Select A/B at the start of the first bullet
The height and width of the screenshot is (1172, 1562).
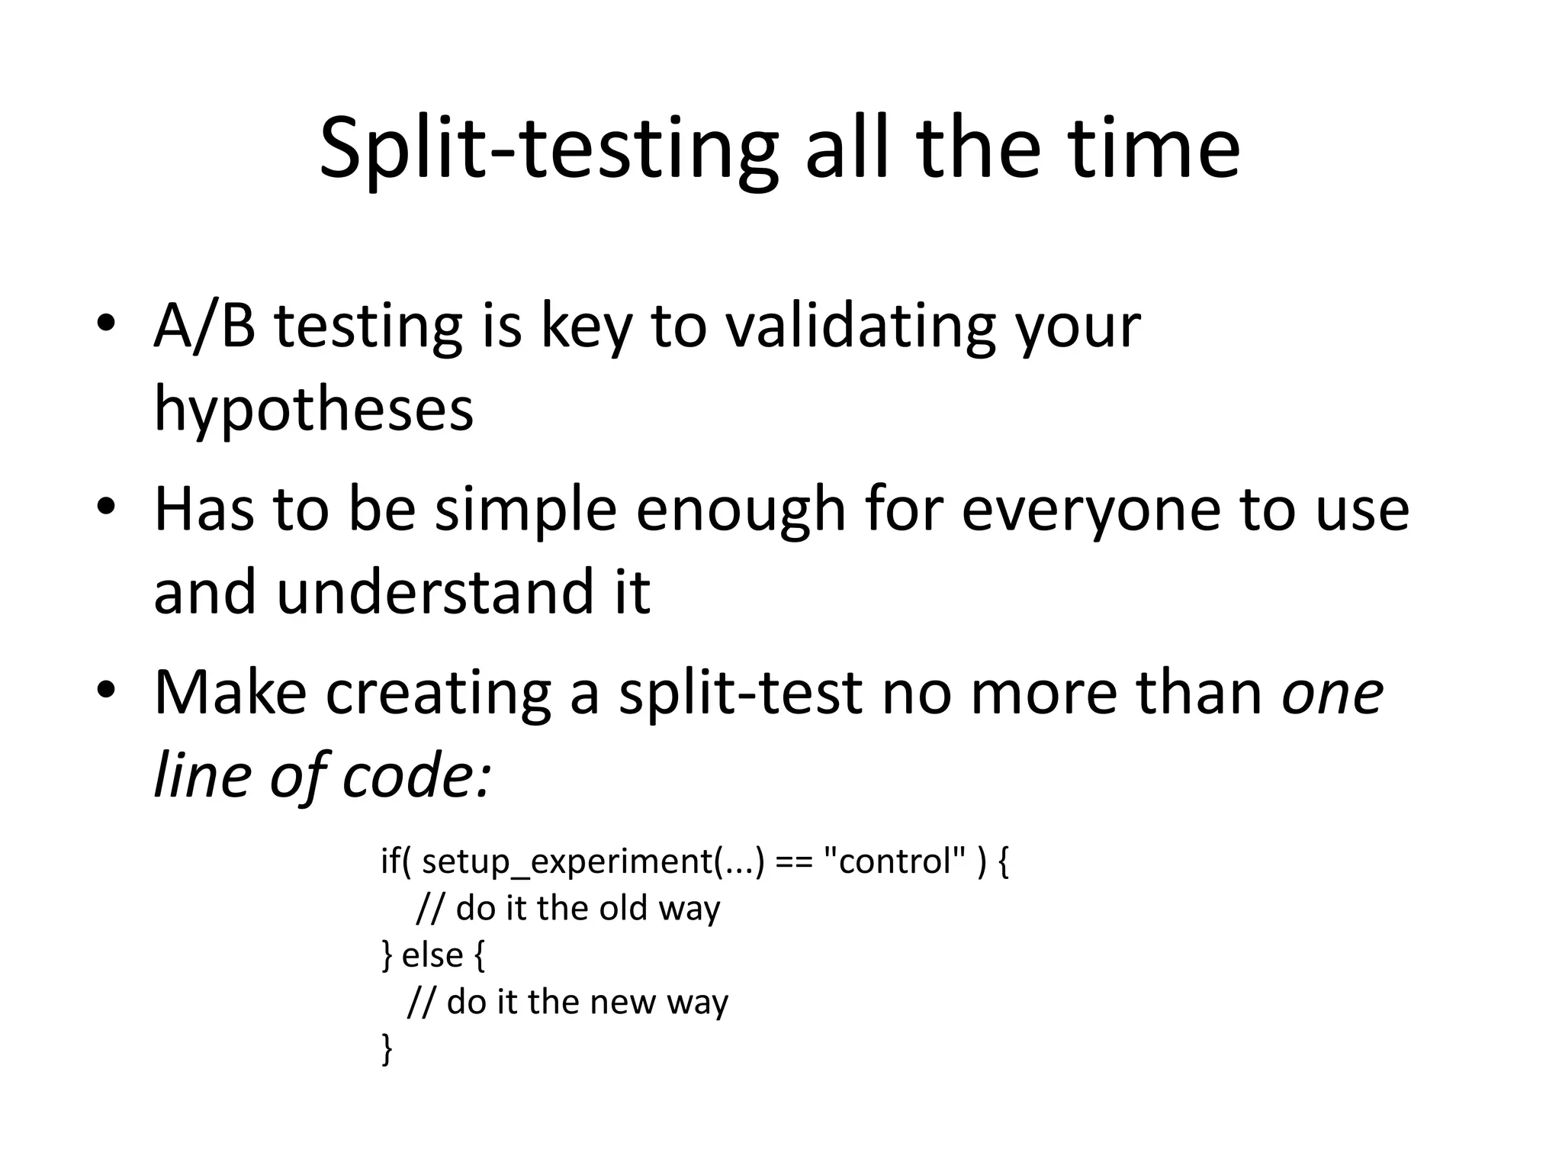(204, 326)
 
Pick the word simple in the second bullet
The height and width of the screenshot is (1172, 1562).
(525, 509)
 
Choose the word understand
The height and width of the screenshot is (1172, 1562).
(433, 591)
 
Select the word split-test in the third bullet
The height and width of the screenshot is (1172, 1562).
(740, 693)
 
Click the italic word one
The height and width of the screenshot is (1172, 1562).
(1332, 693)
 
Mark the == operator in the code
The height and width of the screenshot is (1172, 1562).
(793, 862)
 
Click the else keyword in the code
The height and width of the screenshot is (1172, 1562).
(432, 955)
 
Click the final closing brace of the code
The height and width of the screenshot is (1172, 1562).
(387, 1048)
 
